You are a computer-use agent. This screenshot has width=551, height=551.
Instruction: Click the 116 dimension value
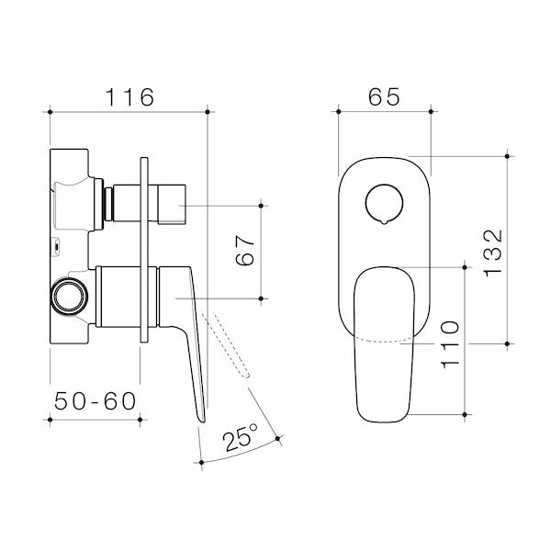tap(128, 96)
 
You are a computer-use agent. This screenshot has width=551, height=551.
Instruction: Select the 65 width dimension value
tap(385, 96)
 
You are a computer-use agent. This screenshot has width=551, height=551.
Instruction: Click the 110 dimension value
tap(450, 342)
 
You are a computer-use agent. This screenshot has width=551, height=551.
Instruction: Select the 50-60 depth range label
tap(94, 400)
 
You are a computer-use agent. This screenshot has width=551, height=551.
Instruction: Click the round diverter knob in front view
tap(383, 203)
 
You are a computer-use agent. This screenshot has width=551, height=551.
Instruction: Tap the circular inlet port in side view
tap(67, 297)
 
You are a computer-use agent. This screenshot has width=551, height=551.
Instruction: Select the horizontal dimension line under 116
tap(128, 112)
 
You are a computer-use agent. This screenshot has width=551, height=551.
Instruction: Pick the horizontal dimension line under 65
tap(385, 112)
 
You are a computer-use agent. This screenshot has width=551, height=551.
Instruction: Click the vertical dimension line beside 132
tap(508, 250)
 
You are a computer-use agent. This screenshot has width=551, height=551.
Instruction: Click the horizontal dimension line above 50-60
tap(94, 420)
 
